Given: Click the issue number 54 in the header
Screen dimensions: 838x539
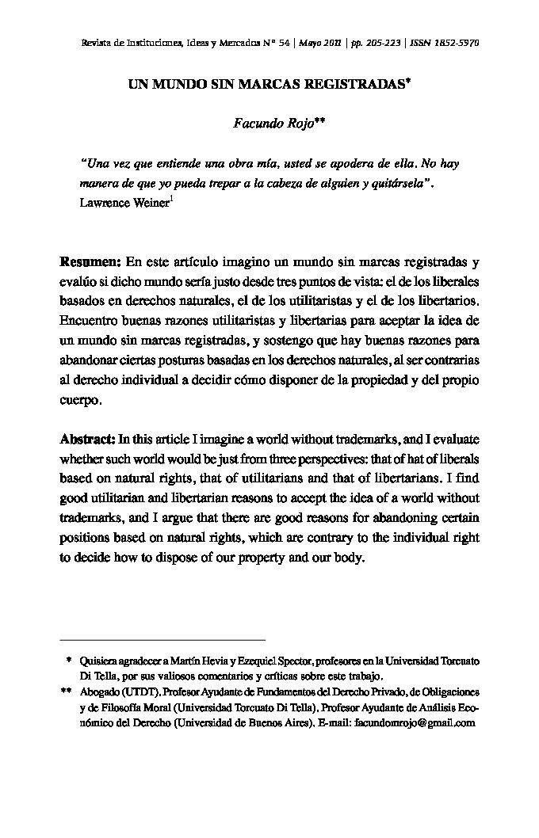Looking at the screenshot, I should [283, 42].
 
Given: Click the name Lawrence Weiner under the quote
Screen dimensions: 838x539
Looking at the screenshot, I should [124, 203].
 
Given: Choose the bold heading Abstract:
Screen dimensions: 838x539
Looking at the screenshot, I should [89, 439].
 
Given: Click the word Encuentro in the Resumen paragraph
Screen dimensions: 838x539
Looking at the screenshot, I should [92, 322].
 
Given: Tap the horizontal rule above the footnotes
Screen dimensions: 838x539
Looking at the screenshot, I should [162, 639].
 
